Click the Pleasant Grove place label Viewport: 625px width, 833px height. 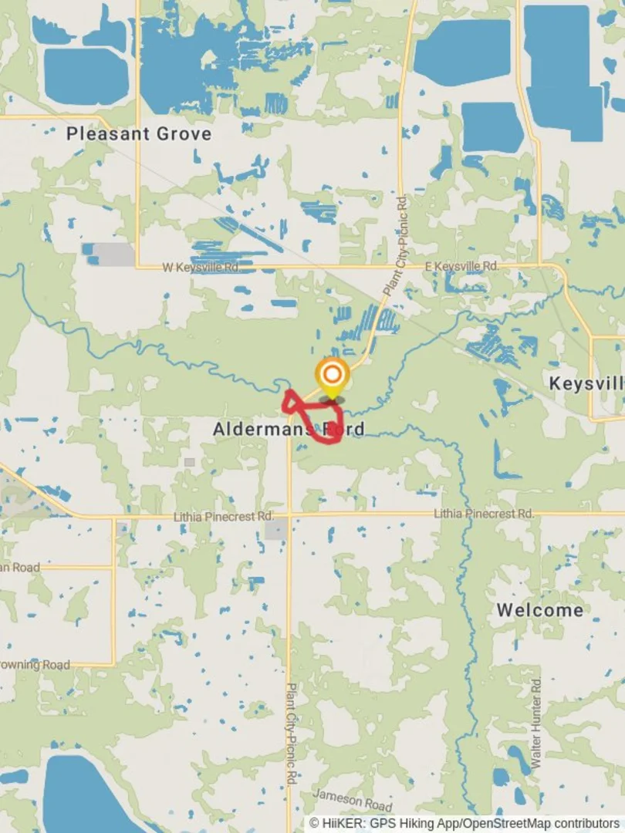pyautogui.click(x=138, y=133)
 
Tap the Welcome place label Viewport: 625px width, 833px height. pyautogui.click(x=539, y=610)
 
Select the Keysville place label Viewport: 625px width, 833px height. pyautogui.click(x=586, y=383)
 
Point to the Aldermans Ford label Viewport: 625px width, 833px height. pyautogui.click(x=288, y=429)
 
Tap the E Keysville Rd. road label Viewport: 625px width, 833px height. pyautogui.click(x=462, y=266)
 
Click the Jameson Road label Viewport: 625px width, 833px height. pyautogui.click(x=353, y=800)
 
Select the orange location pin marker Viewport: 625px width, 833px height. pyautogui.click(x=332, y=376)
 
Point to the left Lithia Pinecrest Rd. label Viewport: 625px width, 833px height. pyautogui.click(x=223, y=516)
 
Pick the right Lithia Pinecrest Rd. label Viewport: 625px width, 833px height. pyautogui.click(x=484, y=513)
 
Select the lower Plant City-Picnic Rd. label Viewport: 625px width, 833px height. pyautogui.click(x=292, y=733)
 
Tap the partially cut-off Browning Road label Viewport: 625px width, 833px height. pyautogui.click(x=35, y=665)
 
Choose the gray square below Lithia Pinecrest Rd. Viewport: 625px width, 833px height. pyautogui.click(x=276, y=529)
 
